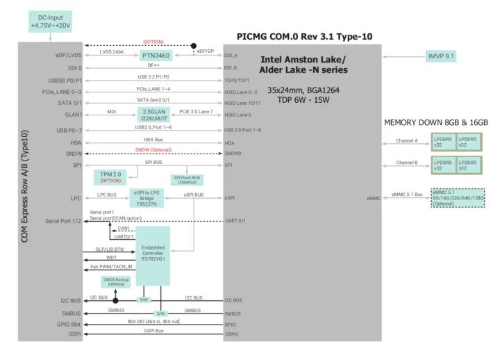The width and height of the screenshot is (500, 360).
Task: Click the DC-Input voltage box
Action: click(50, 21)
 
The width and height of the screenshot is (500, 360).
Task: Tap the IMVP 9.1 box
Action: click(450, 55)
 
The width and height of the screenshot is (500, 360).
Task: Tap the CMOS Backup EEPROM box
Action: click(113, 283)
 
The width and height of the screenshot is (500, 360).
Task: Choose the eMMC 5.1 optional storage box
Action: click(458, 198)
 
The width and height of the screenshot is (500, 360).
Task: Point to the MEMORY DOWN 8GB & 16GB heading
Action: click(436, 123)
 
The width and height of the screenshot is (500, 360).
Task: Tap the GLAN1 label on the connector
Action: click(74, 115)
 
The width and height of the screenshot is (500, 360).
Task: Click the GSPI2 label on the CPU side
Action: click(232, 335)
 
